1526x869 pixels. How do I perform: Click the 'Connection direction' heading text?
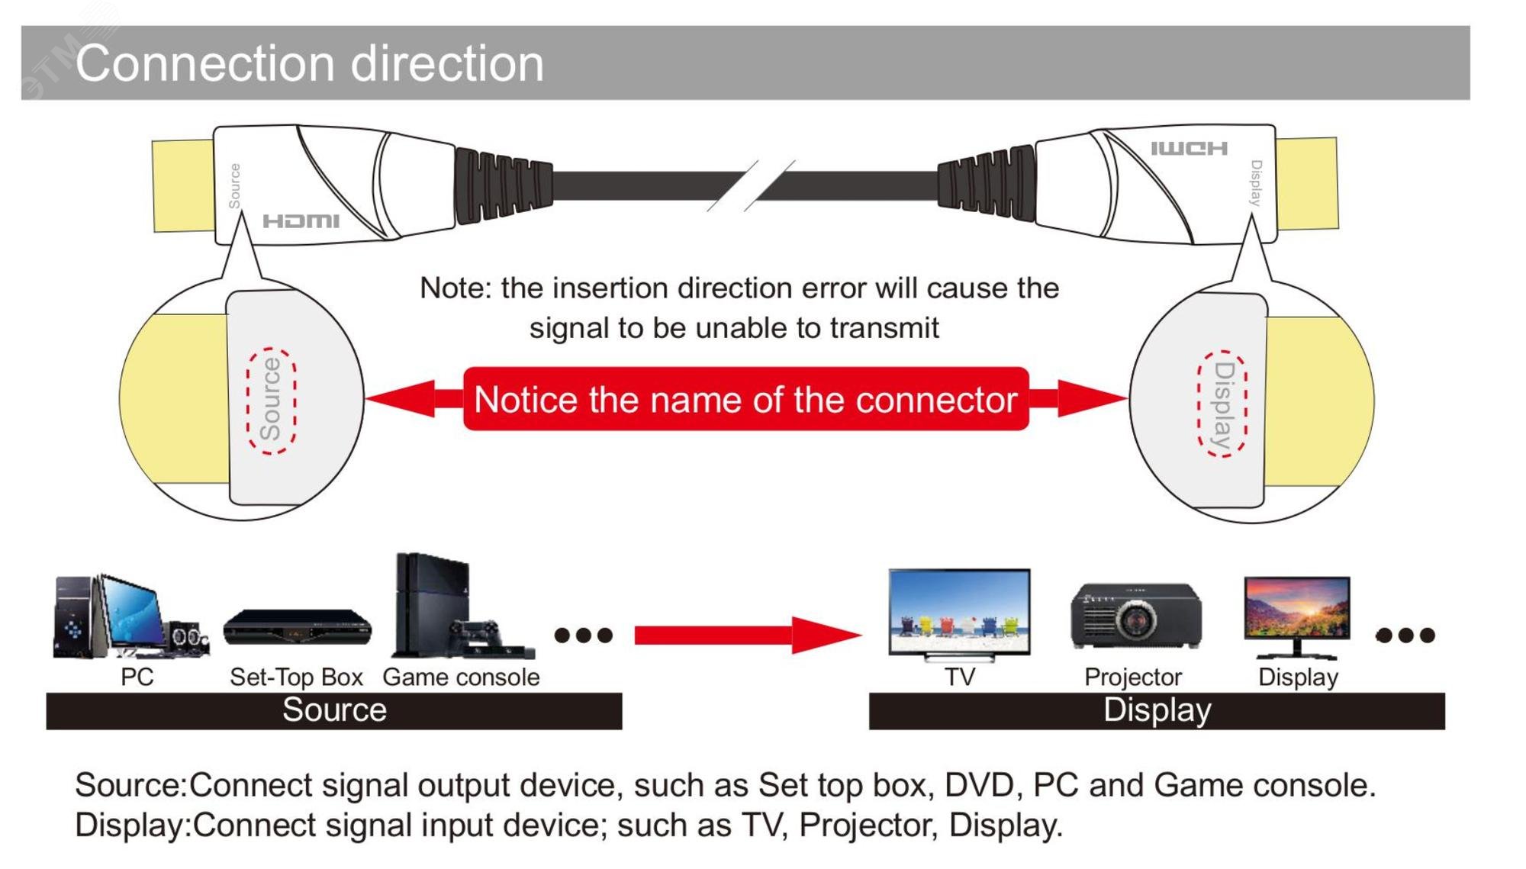coord(309,63)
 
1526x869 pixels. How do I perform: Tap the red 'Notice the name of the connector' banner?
coord(745,399)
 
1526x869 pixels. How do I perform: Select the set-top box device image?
coord(297,628)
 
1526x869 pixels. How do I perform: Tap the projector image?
coord(1135,616)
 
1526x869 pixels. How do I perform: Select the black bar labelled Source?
coord(333,711)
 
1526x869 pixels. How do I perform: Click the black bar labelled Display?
coord(1156,711)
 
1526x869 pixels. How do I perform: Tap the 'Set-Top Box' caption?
coord(296,677)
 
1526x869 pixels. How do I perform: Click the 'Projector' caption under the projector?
coord(1132,677)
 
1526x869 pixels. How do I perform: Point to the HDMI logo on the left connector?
coord(301,221)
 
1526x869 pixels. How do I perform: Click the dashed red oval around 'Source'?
coord(271,401)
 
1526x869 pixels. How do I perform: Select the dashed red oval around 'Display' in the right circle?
coord(1222,404)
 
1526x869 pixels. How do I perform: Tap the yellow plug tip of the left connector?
coord(183,185)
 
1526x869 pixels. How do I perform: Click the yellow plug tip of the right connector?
coord(1307,183)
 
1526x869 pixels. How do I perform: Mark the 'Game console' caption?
coord(461,677)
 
